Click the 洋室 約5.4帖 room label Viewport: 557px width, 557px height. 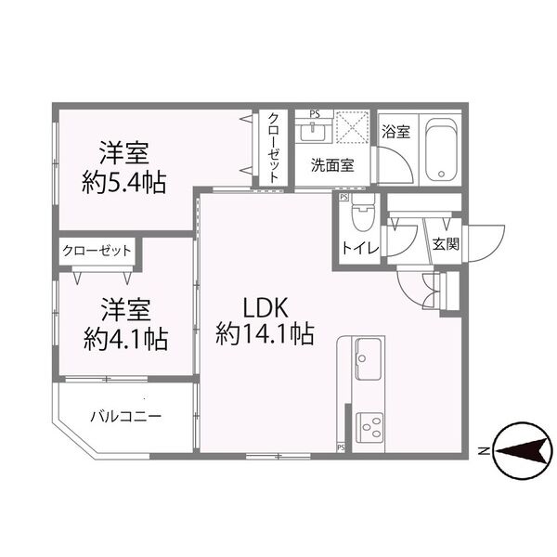pos(124,167)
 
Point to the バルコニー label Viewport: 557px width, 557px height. pos(125,415)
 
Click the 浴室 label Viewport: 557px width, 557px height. pos(396,132)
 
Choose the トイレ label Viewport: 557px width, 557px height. pos(356,248)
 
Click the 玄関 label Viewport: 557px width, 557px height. pos(445,245)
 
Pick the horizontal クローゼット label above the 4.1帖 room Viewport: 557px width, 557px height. pos(97,251)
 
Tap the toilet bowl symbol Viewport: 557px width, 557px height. pos(362,217)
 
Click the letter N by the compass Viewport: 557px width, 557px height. pos(483,452)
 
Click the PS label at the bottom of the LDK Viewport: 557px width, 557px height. pos(341,447)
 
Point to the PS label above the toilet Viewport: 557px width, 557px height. pos(344,197)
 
